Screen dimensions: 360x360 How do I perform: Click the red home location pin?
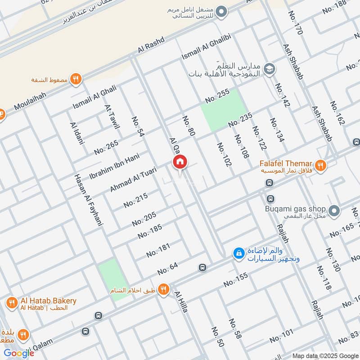[x=180, y=162]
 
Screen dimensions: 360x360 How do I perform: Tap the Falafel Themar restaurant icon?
[x=320, y=165]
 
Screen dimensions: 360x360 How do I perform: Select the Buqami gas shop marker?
[x=334, y=210]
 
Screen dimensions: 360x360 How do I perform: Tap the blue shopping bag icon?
[x=238, y=253]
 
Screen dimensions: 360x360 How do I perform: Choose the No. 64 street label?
[x=168, y=269]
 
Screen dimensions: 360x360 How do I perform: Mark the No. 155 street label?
[x=236, y=280]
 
